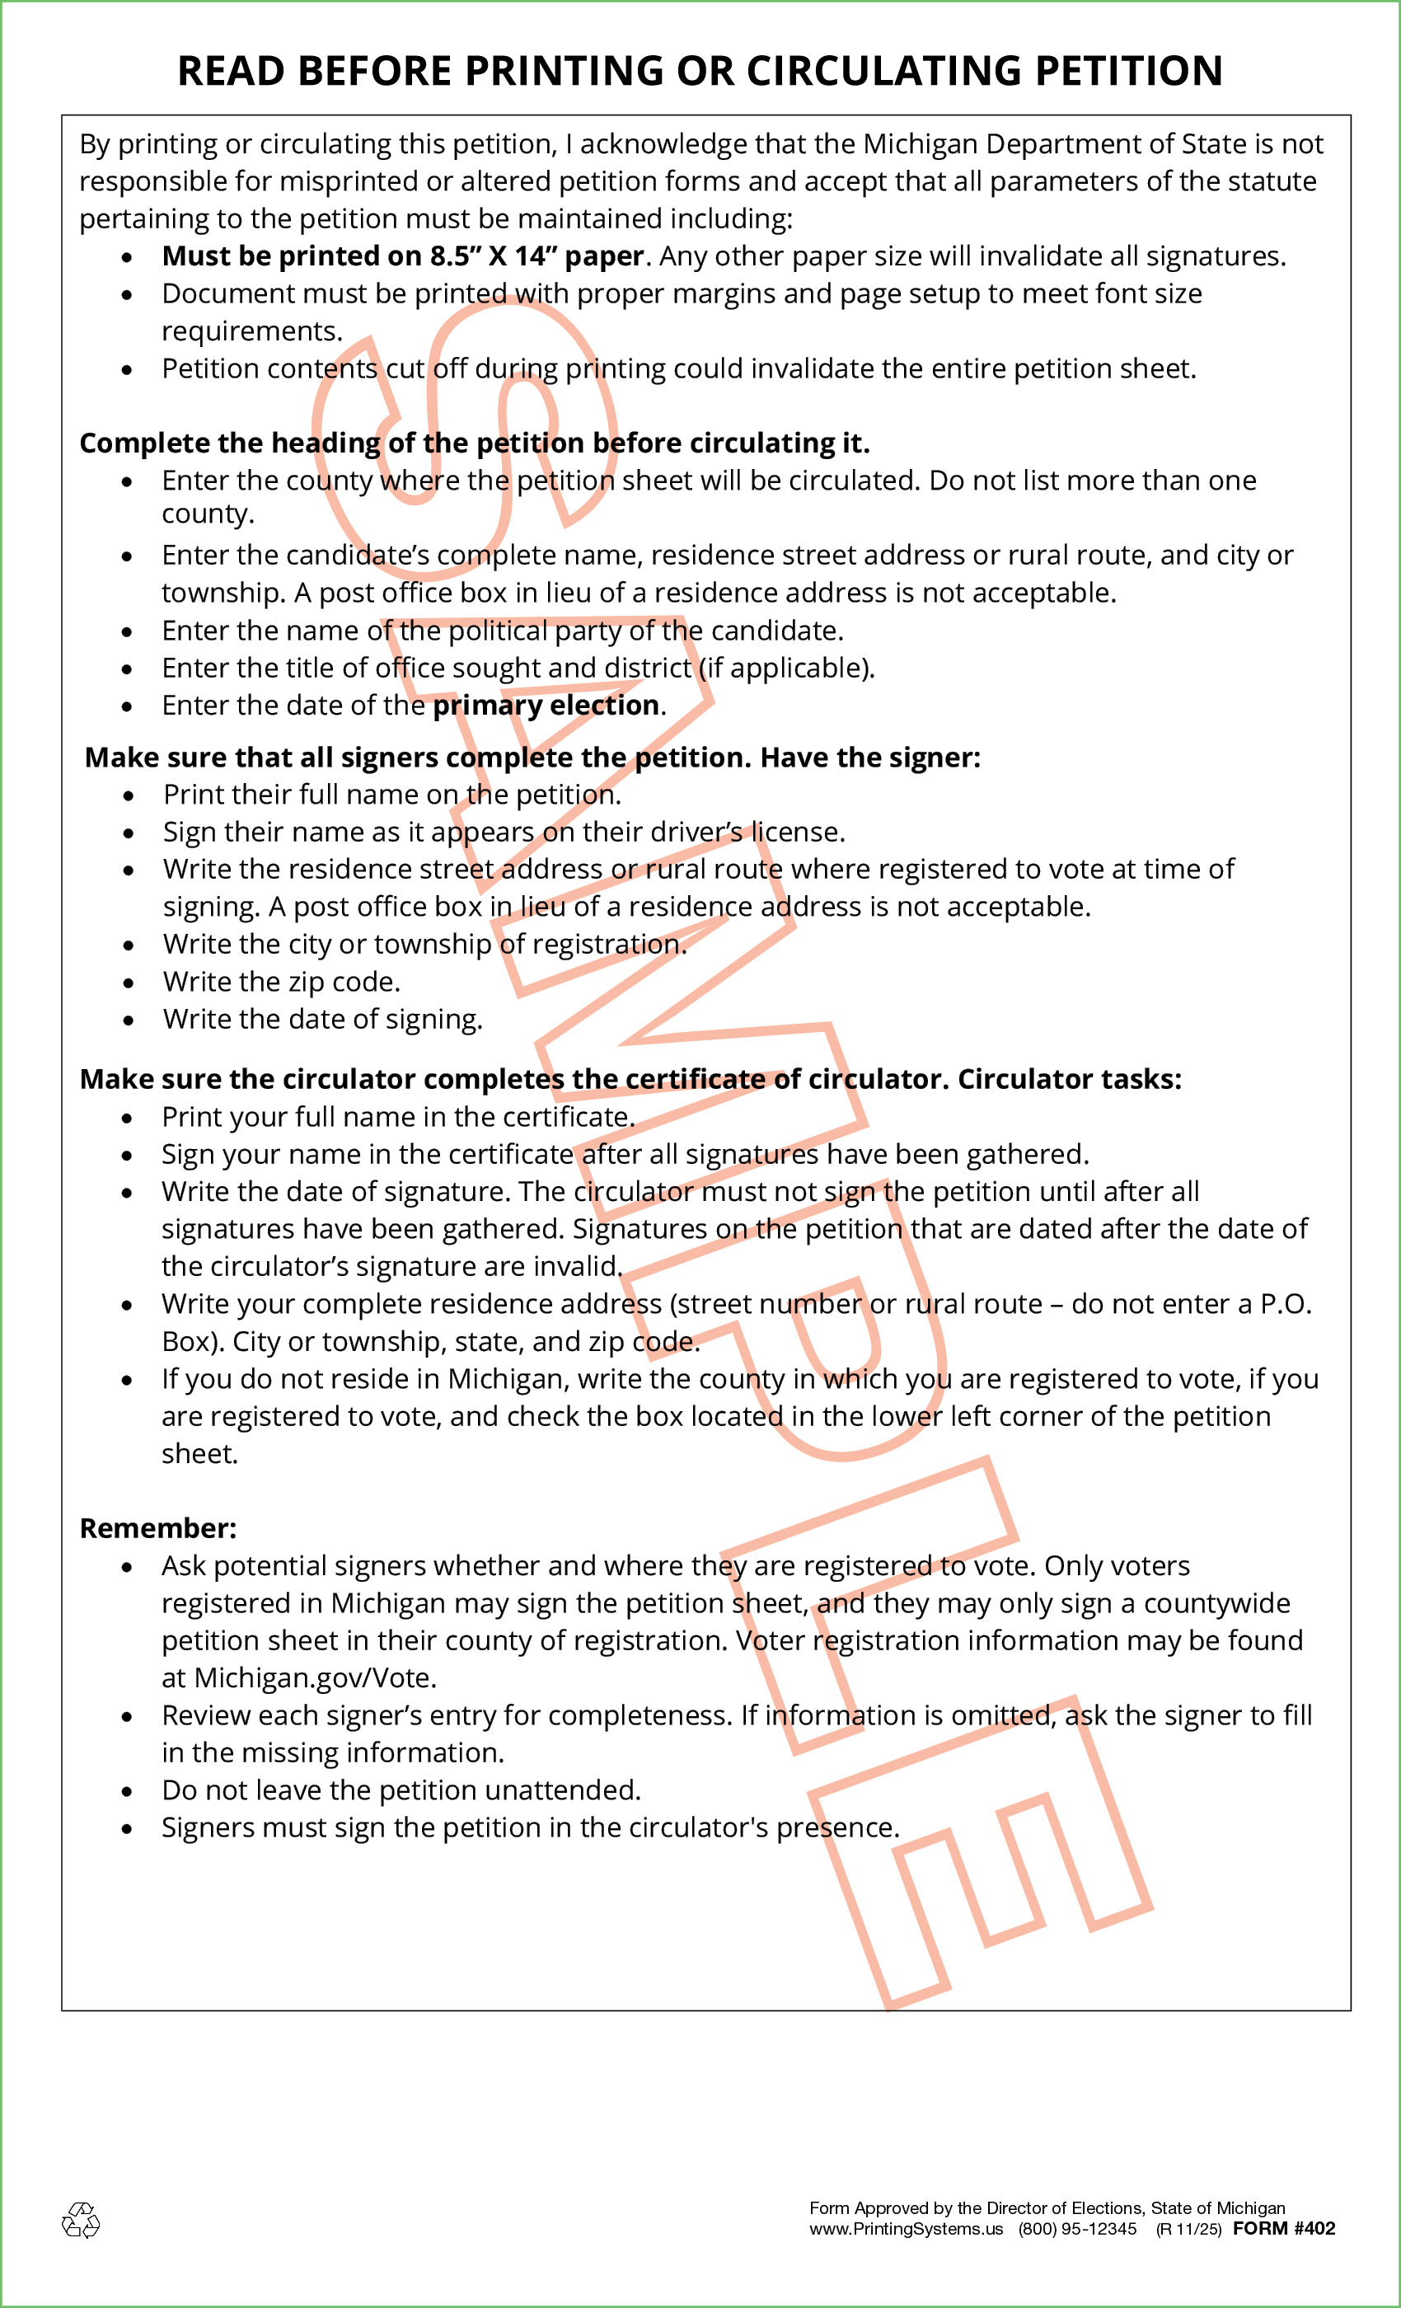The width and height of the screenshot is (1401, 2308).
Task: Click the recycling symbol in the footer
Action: tap(81, 2220)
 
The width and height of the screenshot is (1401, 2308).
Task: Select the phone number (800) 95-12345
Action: tap(1077, 2230)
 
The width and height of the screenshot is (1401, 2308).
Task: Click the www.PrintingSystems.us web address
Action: tap(906, 2230)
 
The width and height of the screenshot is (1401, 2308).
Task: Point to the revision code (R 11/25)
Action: tap(1188, 2230)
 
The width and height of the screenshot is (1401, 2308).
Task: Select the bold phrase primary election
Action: tap(546, 706)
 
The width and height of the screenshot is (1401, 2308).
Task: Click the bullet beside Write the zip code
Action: tap(128, 983)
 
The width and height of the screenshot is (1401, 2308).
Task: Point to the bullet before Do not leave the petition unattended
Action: tap(126, 1791)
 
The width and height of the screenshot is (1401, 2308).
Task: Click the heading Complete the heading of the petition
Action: tap(475, 443)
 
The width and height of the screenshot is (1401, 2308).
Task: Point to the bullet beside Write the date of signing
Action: tap(128, 1020)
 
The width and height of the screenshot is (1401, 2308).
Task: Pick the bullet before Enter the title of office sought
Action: tap(126, 668)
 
